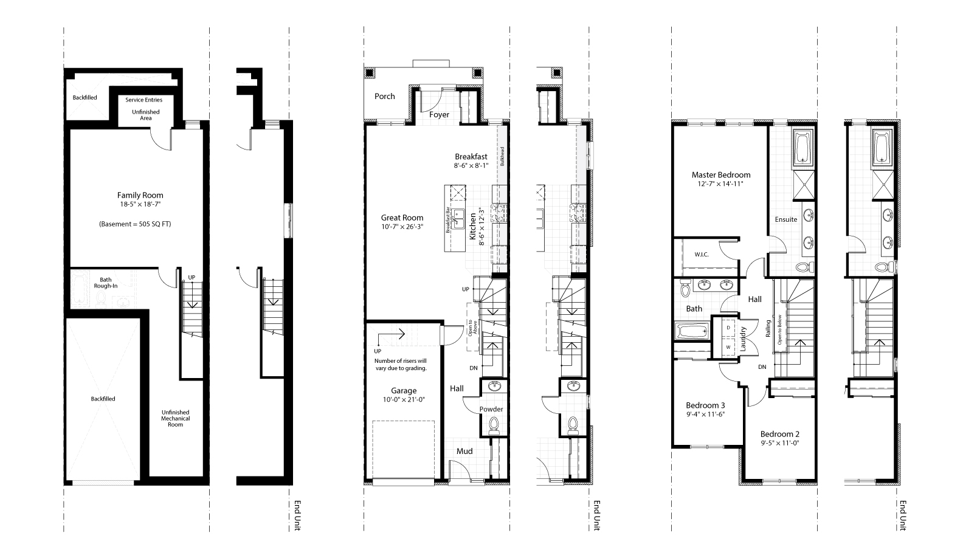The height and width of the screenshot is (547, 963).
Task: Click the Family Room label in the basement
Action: pyautogui.click(x=140, y=195)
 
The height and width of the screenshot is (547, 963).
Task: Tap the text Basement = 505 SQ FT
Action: pyautogui.click(x=135, y=224)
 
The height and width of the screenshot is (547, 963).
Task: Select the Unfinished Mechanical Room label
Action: pyautogui.click(x=175, y=418)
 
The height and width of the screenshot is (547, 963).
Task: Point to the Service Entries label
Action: pyautogui.click(x=143, y=100)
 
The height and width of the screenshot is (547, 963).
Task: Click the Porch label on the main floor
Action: pyautogui.click(x=384, y=96)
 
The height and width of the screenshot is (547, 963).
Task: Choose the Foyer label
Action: pyautogui.click(x=439, y=114)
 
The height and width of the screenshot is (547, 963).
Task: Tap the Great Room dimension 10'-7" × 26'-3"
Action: pyautogui.click(x=402, y=227)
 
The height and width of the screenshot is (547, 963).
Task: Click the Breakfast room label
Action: pyautogui.click(x=471, y=156)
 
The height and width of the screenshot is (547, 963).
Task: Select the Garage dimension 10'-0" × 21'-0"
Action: pyautogui.click(x=403, y=400)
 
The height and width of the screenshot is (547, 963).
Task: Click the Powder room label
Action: pyautogui.click(x=491, y=409)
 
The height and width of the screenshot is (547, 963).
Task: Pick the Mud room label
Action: pyautogui.click(x=464, y=451)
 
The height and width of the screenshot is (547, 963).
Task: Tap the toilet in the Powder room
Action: pyautogui.click(x=493, y=424)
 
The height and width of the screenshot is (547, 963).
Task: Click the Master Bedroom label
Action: pyautogui.click(x=720, y=174)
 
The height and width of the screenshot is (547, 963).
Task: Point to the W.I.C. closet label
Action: pyautogui.click(x=702, y=255)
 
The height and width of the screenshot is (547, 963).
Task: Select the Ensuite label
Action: pyautogui.click(x=785, y=219)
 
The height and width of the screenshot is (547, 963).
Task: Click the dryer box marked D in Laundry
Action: pyautogui.click(x=728, y=328)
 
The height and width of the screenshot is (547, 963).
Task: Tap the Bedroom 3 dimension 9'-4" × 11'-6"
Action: pyautogui.click(x=705, y=414)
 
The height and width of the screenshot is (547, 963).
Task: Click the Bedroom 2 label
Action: pyautogui.click(x=779, y=434)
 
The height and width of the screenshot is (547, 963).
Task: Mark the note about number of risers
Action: pyautogui.click(x=400, y=364)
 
